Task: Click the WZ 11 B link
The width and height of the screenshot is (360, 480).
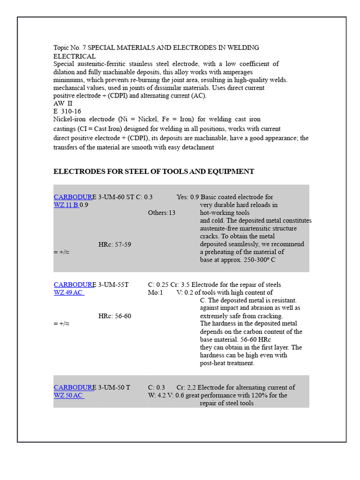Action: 66,205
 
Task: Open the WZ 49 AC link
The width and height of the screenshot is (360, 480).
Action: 68,292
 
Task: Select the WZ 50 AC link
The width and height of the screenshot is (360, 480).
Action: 68,395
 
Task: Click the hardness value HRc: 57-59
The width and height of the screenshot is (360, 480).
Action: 115,244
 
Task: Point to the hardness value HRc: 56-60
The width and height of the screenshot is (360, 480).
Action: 115,316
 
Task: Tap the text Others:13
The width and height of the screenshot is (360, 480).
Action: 162,212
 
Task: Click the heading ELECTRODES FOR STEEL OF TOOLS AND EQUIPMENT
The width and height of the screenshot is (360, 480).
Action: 154,172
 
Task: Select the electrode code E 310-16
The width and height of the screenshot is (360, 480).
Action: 67,112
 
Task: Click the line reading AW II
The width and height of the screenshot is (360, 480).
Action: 63,104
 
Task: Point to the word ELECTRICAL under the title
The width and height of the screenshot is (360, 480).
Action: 75,56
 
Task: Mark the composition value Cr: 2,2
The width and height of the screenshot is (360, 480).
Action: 186,388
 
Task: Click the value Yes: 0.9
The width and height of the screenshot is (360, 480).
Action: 187,197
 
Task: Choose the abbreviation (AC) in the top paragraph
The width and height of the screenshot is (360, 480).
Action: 199,96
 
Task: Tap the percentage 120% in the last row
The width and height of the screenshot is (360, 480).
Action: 251,395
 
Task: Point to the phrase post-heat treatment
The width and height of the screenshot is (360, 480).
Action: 227,363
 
